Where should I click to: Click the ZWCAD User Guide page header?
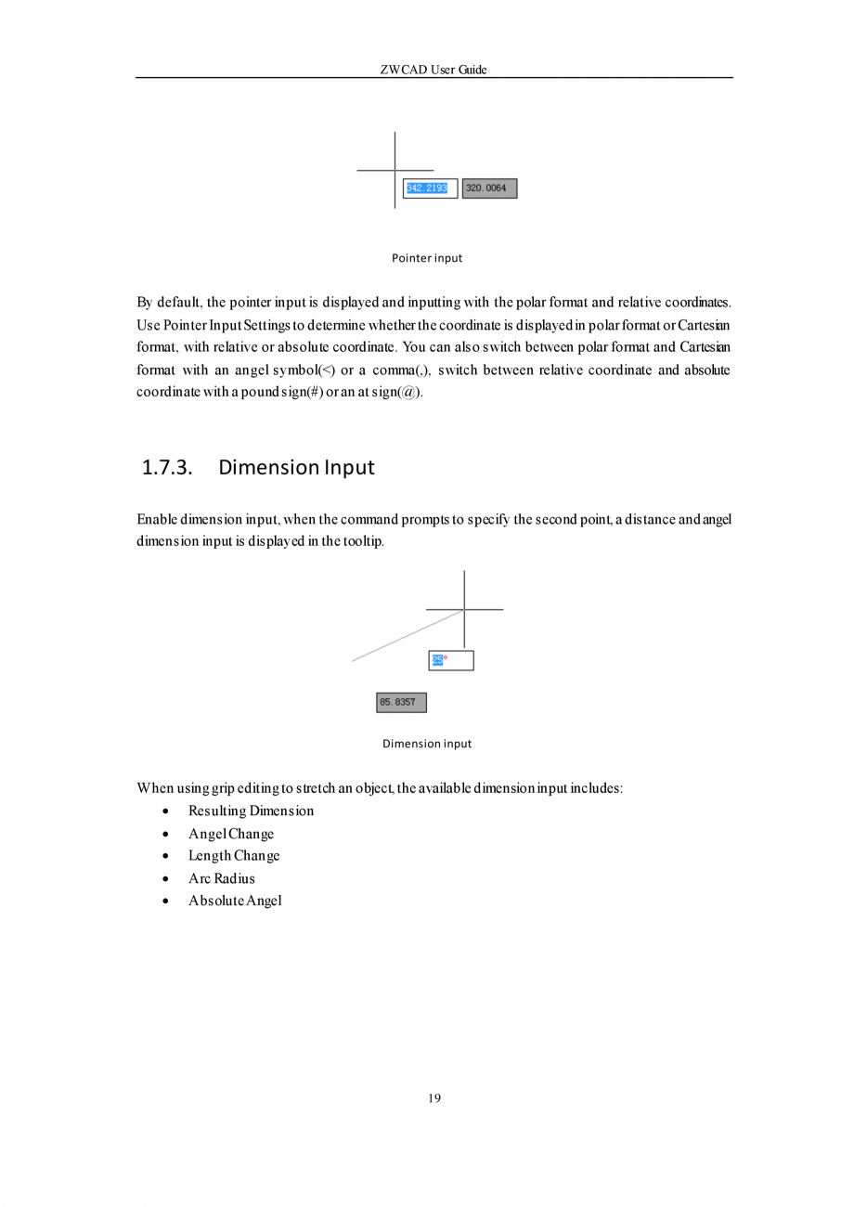[x=433, y=70]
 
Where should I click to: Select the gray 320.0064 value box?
[x=489, y=188]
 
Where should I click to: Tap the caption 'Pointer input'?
[x=426, y=258]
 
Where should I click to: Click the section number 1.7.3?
[x=167, y=467]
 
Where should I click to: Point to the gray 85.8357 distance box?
[x=401, y=703]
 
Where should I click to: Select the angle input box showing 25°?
[x=451, y=660]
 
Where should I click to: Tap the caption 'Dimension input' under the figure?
[x=427, y=744]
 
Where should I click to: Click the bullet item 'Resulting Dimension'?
[x=251, y=811]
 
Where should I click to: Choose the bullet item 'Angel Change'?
[x=231, y=834]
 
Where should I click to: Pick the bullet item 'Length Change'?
[x=234, y=856]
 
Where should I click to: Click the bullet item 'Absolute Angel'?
[x=235, y=901]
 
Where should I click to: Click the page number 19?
[x=434, y=1099]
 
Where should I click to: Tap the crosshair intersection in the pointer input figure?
[x=395, y=171]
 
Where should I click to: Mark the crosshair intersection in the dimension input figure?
[x=464, y=610]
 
